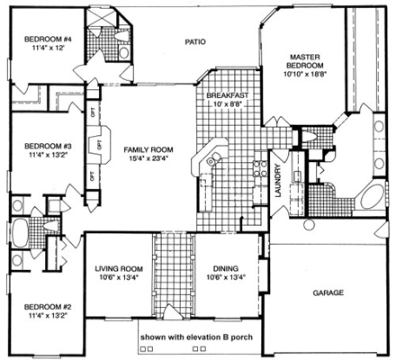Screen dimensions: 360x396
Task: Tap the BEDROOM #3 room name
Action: [48, 145]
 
